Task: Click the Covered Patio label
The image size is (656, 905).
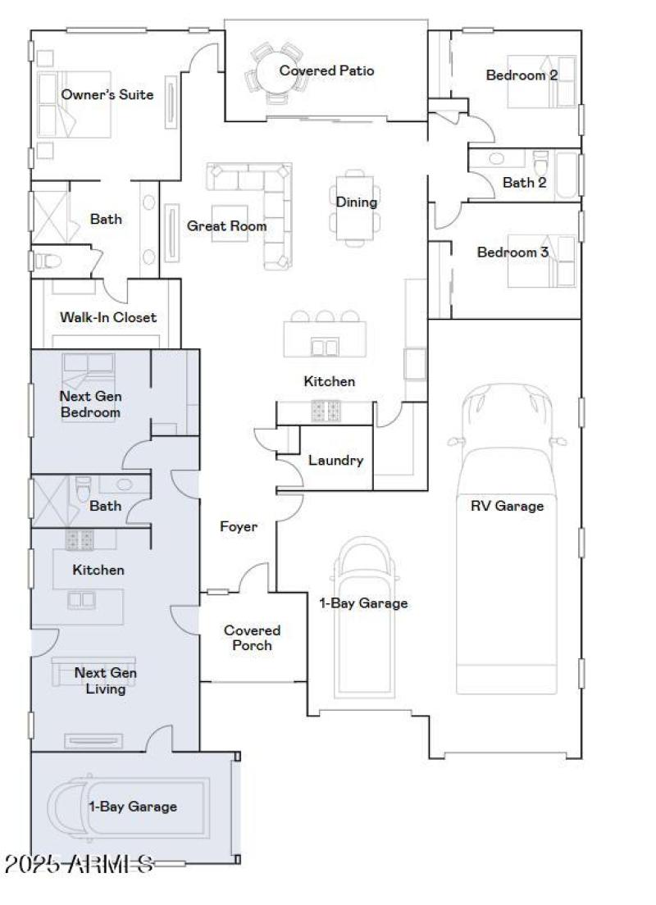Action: coord(326,70)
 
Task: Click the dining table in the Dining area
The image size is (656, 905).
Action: coord(356,208)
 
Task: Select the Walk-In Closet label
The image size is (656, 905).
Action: coord(107,317)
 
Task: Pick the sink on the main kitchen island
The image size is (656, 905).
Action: coord(325,347)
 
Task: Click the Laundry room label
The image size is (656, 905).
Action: coord(335,460)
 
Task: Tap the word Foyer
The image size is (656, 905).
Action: coord(238,526)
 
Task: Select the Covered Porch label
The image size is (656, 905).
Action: coord(252,638)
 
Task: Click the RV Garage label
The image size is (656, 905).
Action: coord(506,506)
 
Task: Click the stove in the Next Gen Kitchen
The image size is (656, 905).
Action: coord(81,539)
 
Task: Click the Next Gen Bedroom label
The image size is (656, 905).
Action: coord(90,404)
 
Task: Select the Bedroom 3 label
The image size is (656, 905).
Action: coord(512,252)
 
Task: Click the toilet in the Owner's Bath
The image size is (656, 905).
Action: coord(48,261)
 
